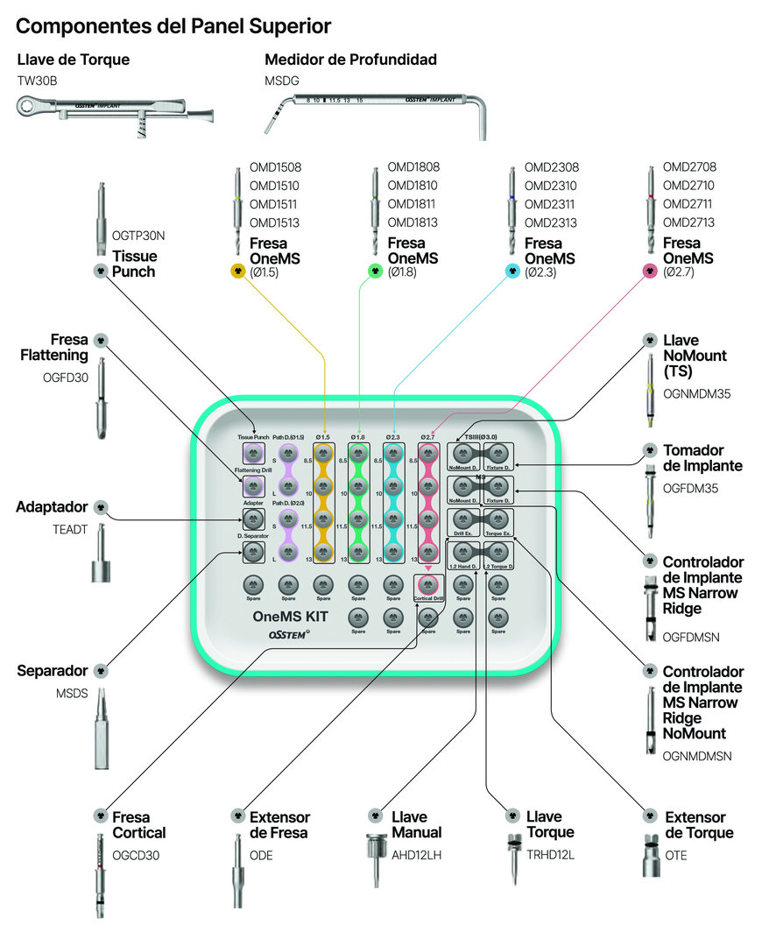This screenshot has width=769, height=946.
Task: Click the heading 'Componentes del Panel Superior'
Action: pyautogui.click(x=173, y=26)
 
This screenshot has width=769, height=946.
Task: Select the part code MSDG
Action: pyautogui.click(x=282, y=81)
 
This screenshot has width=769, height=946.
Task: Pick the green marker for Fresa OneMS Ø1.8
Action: pyautogui.click(x=375, y=272)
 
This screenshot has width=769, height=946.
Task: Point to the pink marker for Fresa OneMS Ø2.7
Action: pyautogui.click(x=650, y=272)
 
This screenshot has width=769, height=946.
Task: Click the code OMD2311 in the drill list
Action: pyautogui.click(x=551, y=204)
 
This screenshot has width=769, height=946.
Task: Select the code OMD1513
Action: pyautogui.click(x=274, y=222)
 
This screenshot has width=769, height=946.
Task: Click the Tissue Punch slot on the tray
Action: pyautogui.click(x=253, y=454)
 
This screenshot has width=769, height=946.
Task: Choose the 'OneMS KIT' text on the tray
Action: pyautogui.click(x=290, y=617)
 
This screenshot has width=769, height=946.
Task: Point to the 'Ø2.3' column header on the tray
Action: pyautogui.click(x=392, y=436)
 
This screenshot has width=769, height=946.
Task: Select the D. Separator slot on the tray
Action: pyautogui.click(x=253, y=552)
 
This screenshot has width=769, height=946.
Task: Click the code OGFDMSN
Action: pyautogui.click(x=691, y=637)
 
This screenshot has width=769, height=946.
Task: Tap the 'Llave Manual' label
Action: pyautogui.click(x=416, y=824)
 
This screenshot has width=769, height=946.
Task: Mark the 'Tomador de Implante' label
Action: pyautogui.click(x=702, y=458)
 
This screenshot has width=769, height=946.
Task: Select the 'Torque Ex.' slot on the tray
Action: pyautogui.click(x=498, y=520)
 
